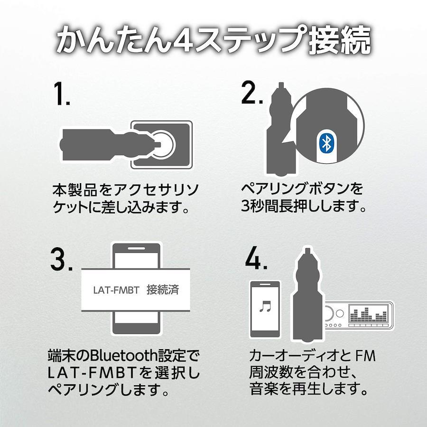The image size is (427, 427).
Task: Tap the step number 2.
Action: tap(251, 93)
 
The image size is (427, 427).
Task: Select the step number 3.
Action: tap(61, 259)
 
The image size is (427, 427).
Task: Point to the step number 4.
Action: tap(256, 258)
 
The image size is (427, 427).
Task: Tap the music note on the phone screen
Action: tap(265, 306)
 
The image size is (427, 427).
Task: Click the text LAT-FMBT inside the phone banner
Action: tap(116, 290)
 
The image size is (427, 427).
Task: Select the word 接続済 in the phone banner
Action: tap(163, 290)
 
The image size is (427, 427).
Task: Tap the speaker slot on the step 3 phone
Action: tap(137, 248)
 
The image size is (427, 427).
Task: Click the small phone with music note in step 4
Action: tap(265, 309)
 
